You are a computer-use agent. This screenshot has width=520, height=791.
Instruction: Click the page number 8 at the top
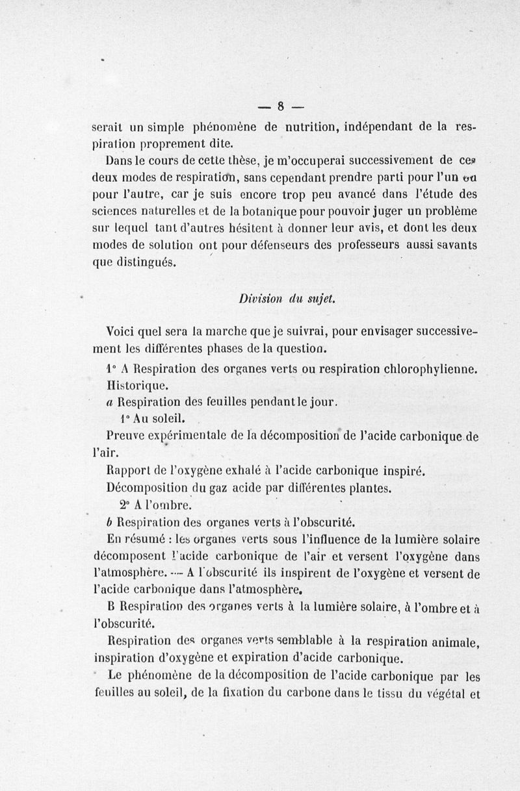[x=281, y=105]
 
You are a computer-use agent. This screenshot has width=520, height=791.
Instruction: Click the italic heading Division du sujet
[x=286, y=298]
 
